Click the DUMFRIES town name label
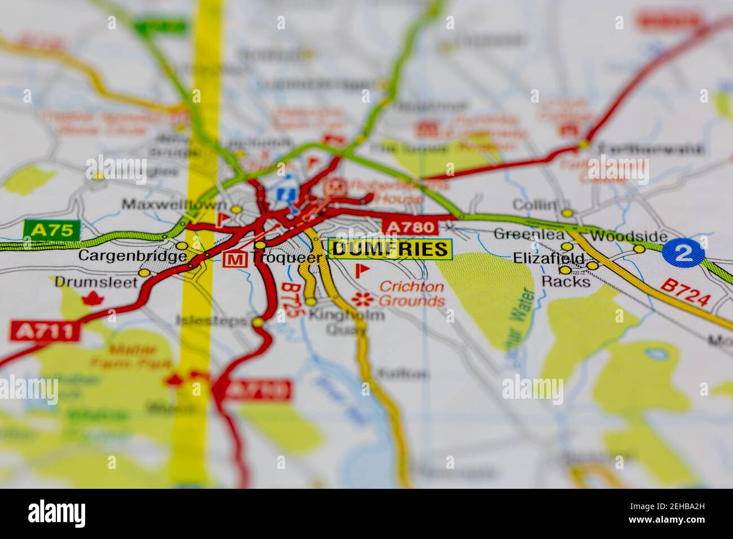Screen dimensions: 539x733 click(x=390, y=249)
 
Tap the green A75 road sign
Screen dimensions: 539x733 click(x=52, y=230)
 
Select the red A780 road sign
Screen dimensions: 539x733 click(x=410, y=227)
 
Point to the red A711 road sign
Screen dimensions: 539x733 click(x=45, y=331)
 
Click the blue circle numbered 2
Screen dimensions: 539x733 click(x=683, y=253)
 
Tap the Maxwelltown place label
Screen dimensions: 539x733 click(x=174, y=205)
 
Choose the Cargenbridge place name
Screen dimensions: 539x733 click(x=133, y=256)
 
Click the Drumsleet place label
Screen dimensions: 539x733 click(x=96, y=282)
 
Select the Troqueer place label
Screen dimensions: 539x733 click(x=287, y=258)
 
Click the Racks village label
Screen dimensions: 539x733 click(x=566, y=281)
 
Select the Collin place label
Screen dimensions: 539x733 click(x=535, y=205)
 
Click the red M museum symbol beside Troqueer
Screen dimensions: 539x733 click(x=235, y=259)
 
